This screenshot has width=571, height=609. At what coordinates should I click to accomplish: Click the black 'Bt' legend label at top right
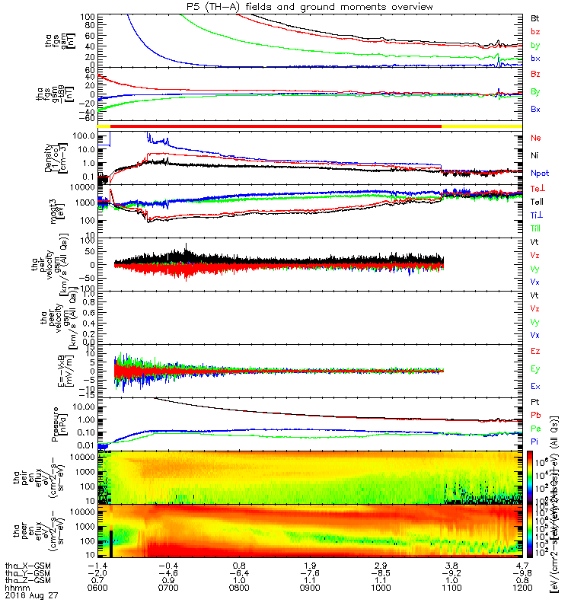pyautogui.click(x=535, y=17)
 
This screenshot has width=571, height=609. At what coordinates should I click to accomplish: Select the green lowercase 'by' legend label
pyautogui.click(x=535, y=45)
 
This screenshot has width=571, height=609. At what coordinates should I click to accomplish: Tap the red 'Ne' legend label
pyautogui.click(x=536, y=139)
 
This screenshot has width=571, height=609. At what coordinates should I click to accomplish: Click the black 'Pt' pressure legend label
pyautogui.click(x=535, y=401)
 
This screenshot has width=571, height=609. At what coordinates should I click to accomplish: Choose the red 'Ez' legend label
pyautogui.click(x=536, y=352)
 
